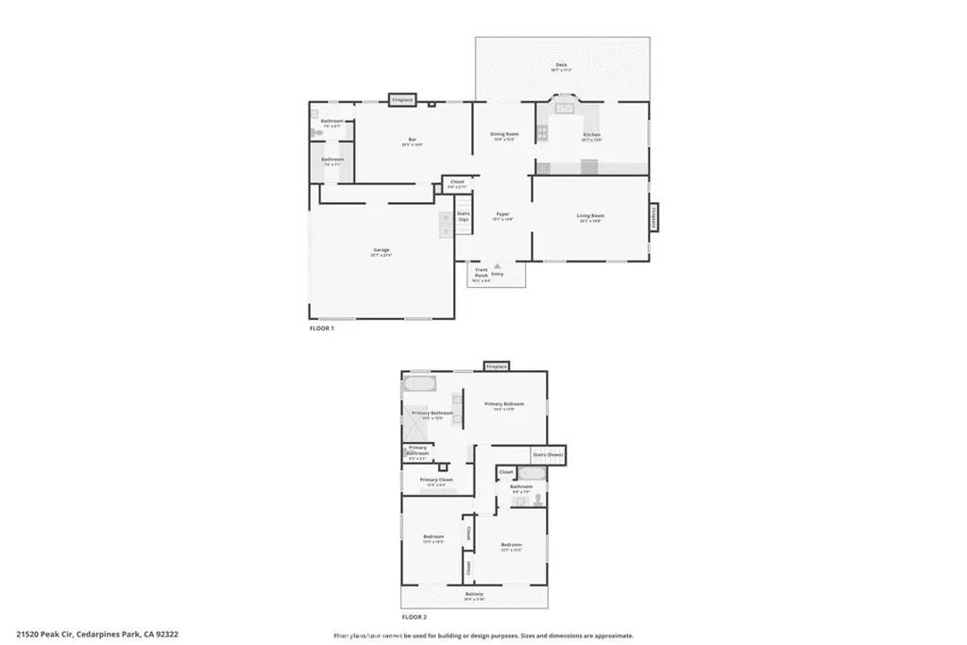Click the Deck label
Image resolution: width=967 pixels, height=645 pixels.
[x=561, y=66]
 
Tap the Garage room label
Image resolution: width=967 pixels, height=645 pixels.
[x=381, y=251]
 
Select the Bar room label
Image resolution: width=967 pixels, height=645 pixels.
[x=412, y=142]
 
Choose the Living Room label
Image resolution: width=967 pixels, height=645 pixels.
[x=590, y=217]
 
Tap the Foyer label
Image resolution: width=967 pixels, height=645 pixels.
[x=503, y=215]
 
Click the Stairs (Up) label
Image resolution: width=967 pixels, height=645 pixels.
[x=464, y=216]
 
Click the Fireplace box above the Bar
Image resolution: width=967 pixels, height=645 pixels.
[x=403, y=98]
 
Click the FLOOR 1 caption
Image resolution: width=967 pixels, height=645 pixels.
[x=322, y=329]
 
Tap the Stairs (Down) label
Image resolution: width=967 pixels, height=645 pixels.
[x=548, y=454]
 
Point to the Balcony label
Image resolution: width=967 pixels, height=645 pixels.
[x=474, y=595]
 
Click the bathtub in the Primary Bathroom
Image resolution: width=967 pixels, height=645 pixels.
[x=420, y=384]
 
